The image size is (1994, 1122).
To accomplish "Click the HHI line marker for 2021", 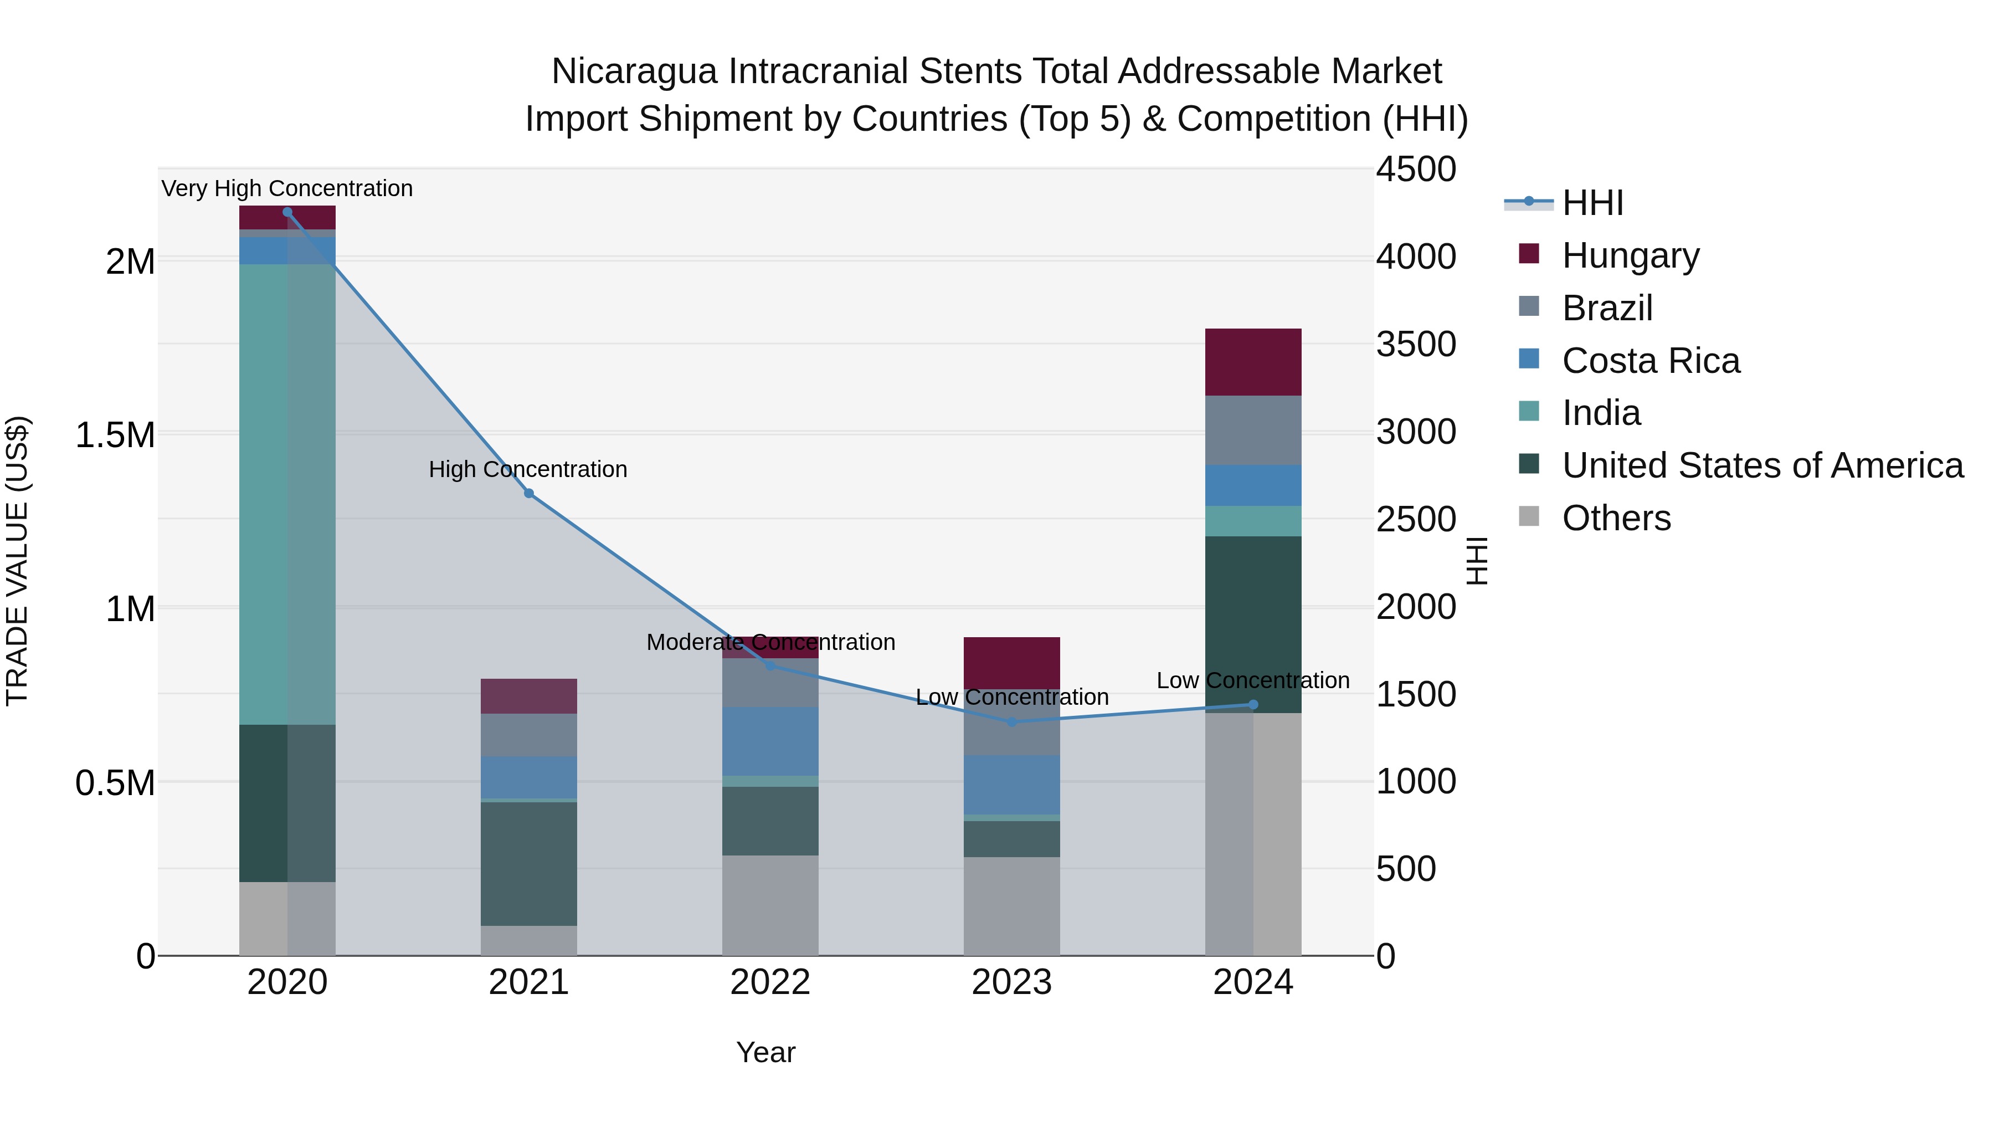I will click(x=529, y=493).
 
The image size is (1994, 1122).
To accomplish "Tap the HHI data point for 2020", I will click(x=287, y=212).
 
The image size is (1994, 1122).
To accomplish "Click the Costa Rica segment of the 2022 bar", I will click(x=770, y=741).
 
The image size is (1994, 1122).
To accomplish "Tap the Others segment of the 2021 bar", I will click(x=529, y=940).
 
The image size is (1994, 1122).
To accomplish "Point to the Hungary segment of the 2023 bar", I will click(x=1012, y=662).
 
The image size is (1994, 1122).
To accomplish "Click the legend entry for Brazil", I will click(x=1607, y=308).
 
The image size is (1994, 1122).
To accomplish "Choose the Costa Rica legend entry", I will click(x=1651, y=361).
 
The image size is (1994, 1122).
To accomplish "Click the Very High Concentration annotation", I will click(x=287, y=188).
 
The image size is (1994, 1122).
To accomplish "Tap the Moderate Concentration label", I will click(x=770, y=642).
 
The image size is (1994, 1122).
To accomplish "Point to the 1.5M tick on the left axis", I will click(x=115, y=435).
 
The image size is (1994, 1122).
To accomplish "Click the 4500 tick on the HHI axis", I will click(x=1416, y=170).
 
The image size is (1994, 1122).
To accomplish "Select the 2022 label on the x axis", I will click(x=770, y=982).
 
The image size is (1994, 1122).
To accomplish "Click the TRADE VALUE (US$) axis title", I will click(x=17, y=561).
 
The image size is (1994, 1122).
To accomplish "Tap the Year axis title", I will click(x=765, y=1052).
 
